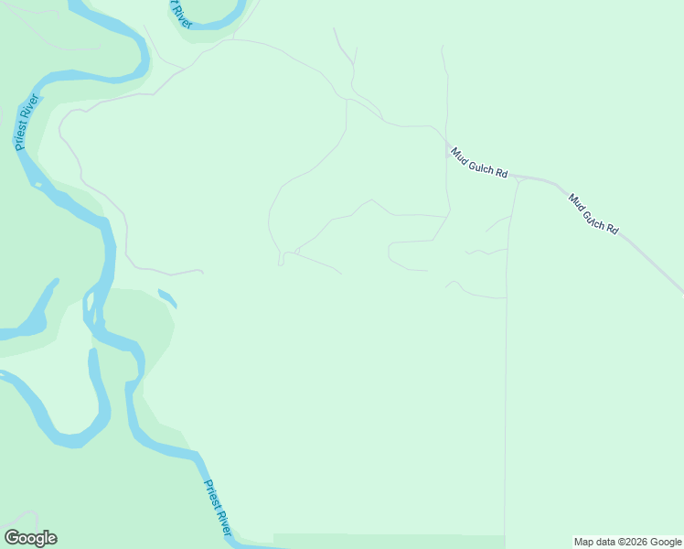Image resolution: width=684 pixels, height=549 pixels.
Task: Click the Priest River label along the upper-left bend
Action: [26, 123]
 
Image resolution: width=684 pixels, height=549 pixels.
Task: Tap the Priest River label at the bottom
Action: [219, 508]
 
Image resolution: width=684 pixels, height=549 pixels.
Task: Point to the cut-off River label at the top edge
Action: [181, 13]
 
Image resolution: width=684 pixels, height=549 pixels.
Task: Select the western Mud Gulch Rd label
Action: [478, 163]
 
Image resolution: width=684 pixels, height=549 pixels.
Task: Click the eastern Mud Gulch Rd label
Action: [593, 213]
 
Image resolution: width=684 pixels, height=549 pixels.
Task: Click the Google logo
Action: [31, 538]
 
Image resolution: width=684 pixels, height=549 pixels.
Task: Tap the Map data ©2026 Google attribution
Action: [628, 542]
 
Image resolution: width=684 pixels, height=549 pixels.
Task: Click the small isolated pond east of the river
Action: [166, 297]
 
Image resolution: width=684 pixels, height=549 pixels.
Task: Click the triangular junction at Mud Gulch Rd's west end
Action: [517, 178]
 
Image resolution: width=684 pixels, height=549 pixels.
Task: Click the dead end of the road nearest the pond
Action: [202, 272]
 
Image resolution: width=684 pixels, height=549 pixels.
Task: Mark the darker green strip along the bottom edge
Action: [389, 541]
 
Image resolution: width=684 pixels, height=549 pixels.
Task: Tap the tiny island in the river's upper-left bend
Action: [37, 185]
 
